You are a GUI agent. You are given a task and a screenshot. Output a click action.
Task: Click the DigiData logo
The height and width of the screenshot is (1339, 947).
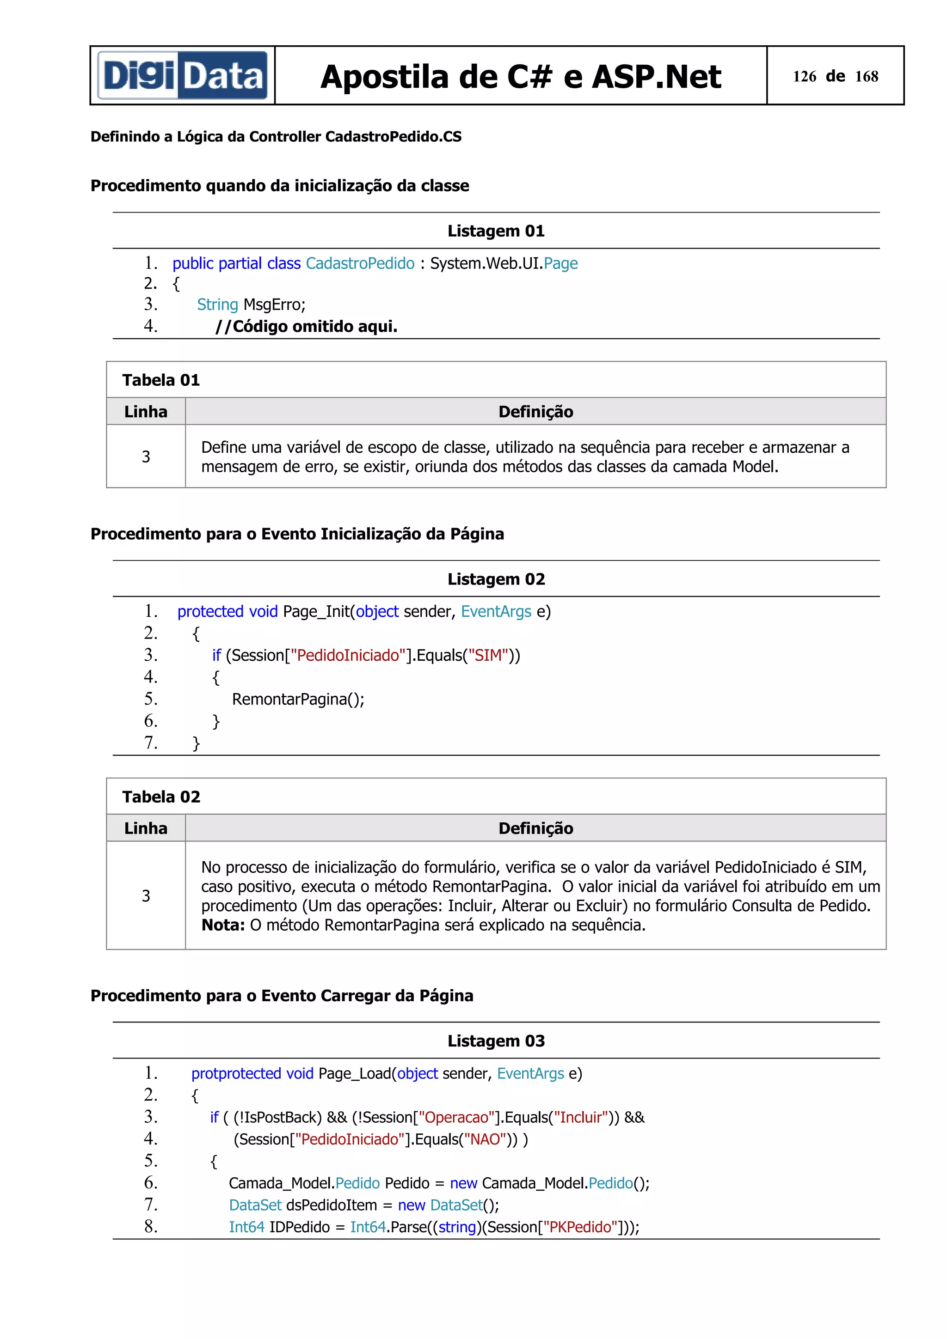click(x=182, y=76)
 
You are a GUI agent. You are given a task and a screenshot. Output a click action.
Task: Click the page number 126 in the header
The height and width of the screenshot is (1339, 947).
click(x=804, y=76)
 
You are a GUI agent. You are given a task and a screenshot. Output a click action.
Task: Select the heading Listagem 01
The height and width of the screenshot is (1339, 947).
click(x=496, y=231)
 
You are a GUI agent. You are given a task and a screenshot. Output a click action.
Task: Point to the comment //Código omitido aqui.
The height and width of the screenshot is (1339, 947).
click(x=306, y=327)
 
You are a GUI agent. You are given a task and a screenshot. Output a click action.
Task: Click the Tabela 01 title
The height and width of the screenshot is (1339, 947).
click(x=161, y=380)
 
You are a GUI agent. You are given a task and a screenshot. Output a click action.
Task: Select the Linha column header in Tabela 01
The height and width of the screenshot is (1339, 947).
click(x=146, y=412)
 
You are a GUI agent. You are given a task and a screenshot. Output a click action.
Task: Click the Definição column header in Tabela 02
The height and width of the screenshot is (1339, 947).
click(x=535, y=828)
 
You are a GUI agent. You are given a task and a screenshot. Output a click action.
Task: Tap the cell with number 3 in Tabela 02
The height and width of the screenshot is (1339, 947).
click(x=146, y=895)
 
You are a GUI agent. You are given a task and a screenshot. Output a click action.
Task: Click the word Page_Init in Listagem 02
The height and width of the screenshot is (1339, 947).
click(x=316, y=612)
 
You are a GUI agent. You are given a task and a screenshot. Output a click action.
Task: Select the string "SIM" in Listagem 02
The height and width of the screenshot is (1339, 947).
click(x=488, y=656)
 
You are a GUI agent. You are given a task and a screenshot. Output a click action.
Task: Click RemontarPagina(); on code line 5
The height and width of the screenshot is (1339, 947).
click(x=298, y=699)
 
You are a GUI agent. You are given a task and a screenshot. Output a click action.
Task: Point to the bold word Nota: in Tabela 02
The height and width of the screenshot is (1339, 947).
click(x=222, y=925)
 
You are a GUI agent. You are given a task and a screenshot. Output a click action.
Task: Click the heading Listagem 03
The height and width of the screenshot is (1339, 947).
click(x=496, y=1041)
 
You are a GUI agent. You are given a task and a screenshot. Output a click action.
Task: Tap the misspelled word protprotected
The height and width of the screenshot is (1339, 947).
click(x=236, y=1074)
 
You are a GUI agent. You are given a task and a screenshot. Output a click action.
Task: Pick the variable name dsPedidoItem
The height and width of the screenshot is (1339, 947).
click(x=332, y=1205)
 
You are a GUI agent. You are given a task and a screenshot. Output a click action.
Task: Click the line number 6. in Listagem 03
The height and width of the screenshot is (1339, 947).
click(x=151, y=1183)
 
